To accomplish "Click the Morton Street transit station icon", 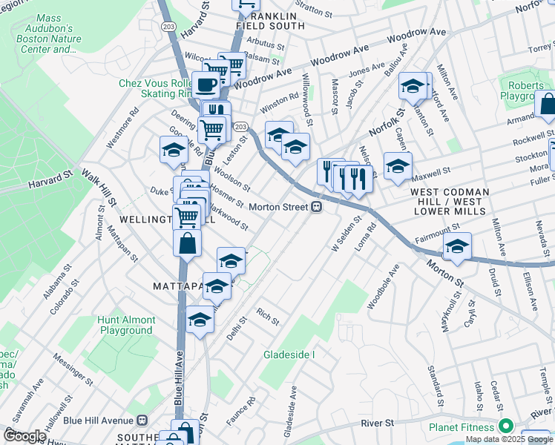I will point(316,207).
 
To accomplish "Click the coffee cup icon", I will point(205,85).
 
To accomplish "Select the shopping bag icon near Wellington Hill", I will point(187,243).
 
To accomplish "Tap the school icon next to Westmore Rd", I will point(174,150).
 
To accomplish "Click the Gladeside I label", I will point(289,355).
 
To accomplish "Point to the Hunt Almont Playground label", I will point(125,325).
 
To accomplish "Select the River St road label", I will point(377,423).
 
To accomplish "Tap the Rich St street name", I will point(267,316).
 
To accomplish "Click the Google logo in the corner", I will point(24,436).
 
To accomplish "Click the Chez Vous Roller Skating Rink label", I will point(156,88).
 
